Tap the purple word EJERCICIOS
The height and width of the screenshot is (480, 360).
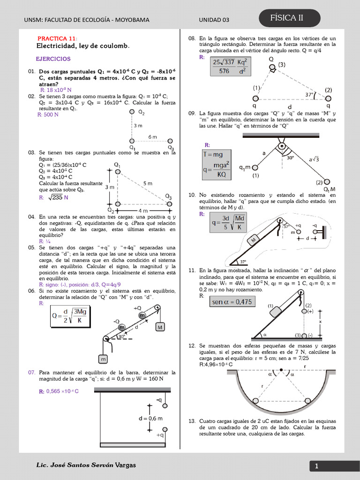(53, 59)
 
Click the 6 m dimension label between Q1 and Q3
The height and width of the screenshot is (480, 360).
(152, 136)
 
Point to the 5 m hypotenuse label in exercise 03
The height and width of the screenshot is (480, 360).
(148, 183)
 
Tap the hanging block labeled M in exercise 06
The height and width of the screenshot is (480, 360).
(160, 327)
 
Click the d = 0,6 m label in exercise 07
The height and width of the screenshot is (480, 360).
(151, 418)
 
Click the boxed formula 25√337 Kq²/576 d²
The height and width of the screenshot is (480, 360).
(232, 66)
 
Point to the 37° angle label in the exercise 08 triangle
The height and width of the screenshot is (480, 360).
(309, 94)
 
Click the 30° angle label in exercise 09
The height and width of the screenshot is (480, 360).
(290, 158)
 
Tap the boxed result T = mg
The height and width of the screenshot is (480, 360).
(213, 154)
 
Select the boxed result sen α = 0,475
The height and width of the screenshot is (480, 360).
(232, 302)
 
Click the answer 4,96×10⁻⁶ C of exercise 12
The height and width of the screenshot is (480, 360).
(216, 364)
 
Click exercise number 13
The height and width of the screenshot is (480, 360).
(192, 421)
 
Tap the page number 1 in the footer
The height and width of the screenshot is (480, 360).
(316, 466)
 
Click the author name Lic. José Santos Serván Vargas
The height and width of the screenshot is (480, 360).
(86, 465)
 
